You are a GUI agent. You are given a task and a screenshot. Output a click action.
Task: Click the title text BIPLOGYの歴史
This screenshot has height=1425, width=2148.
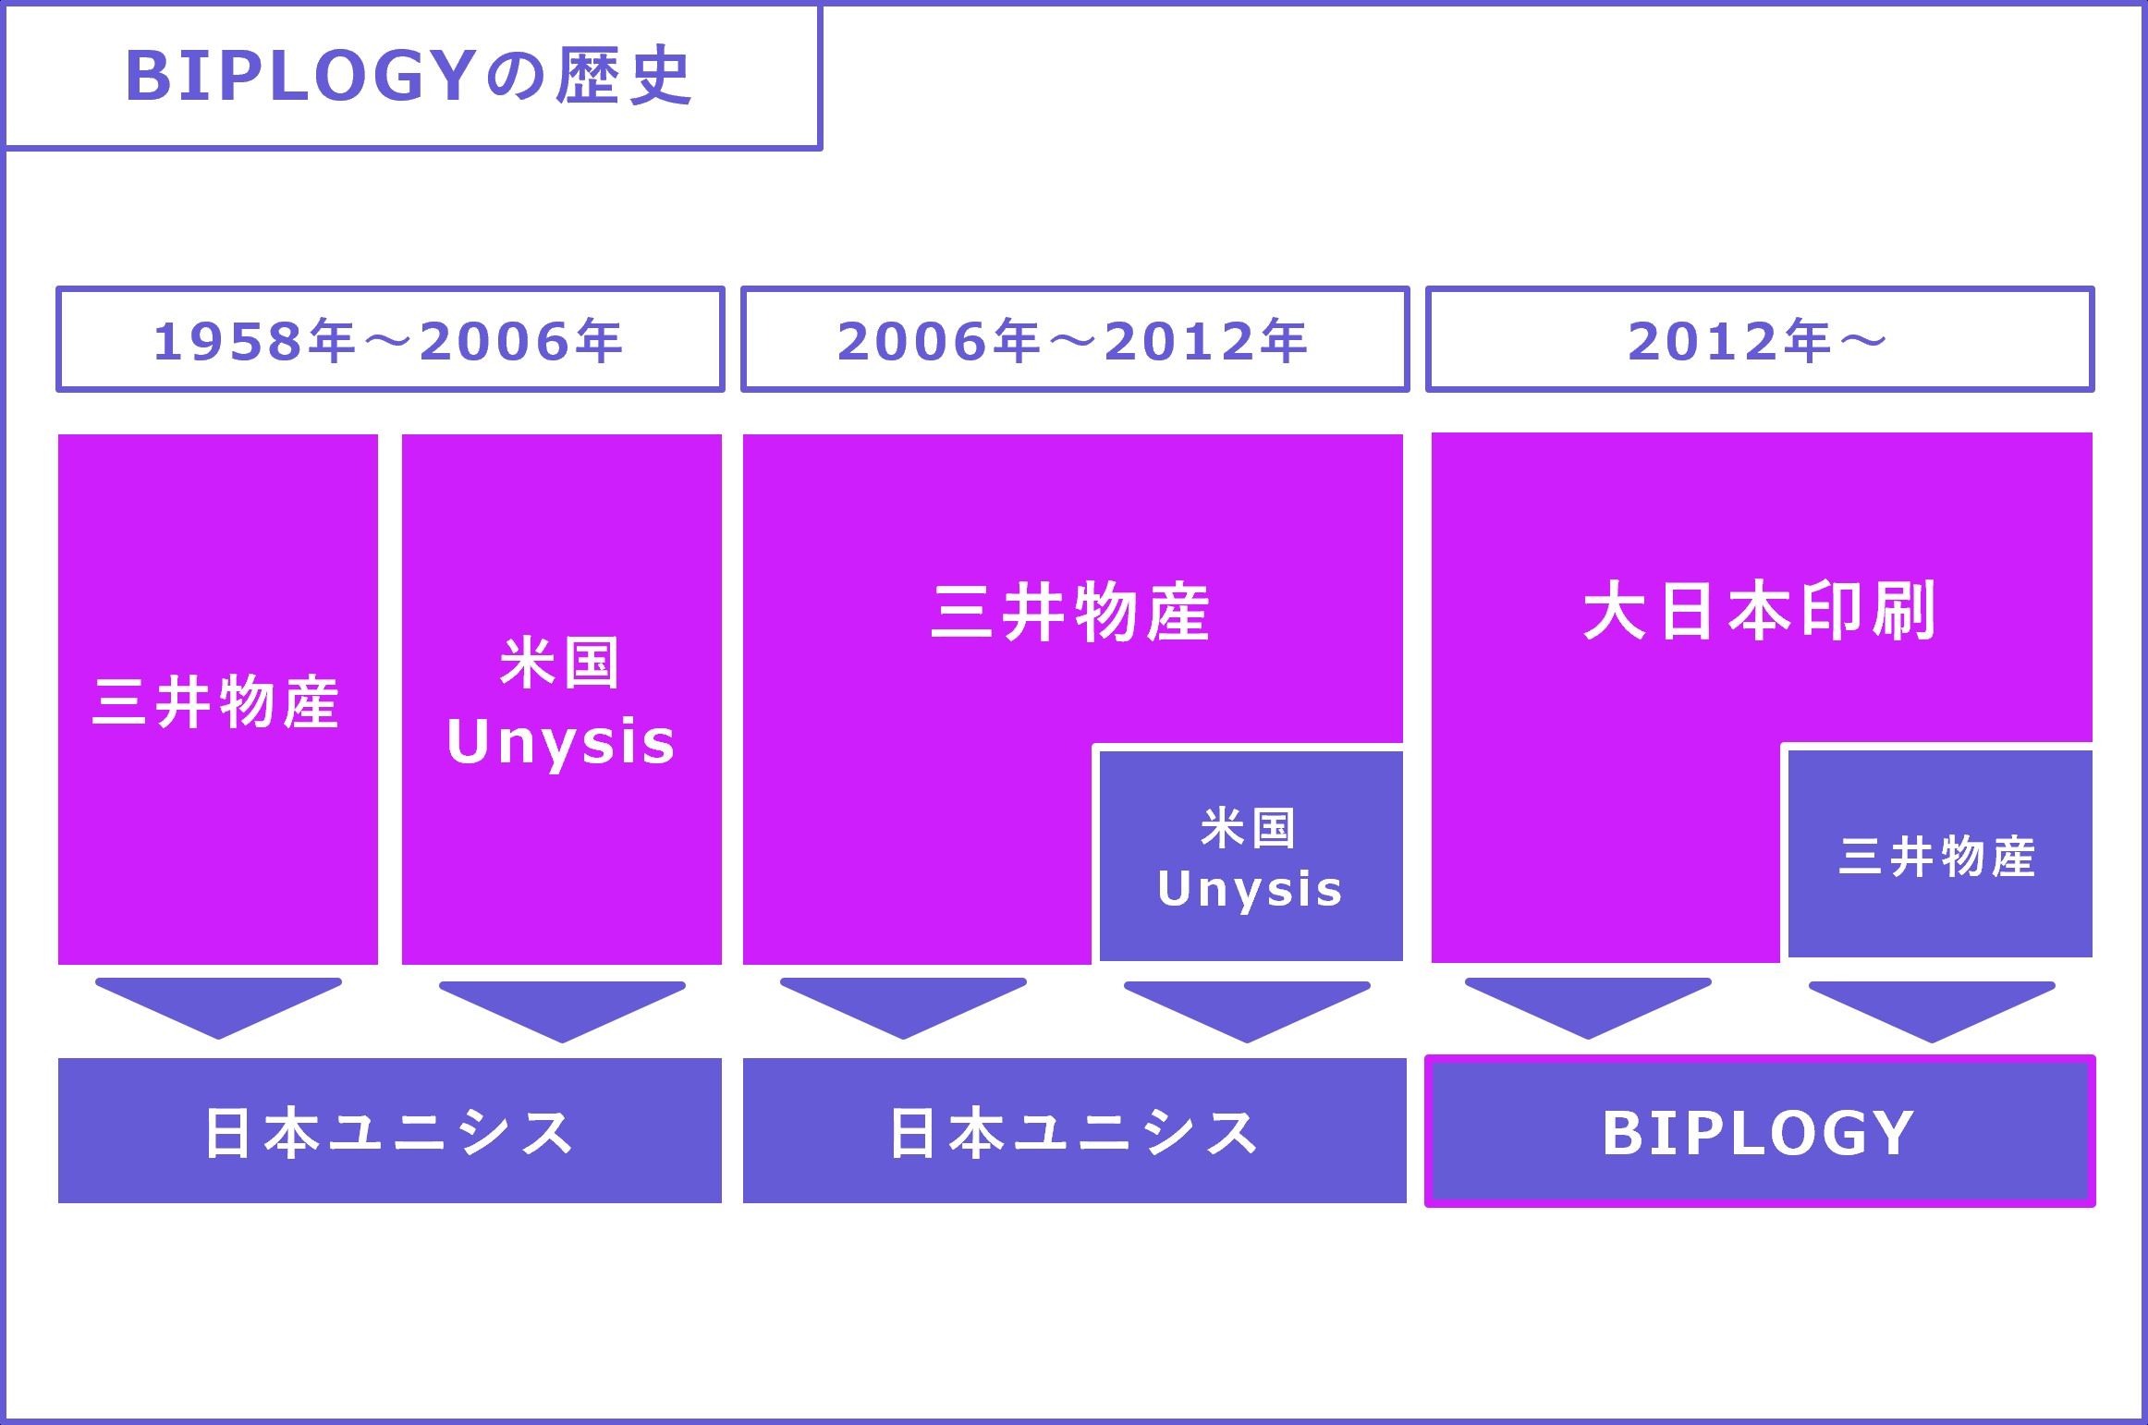pos(409,76)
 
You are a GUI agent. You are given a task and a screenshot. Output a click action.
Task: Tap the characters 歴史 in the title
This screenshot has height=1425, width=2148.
pos(624,76)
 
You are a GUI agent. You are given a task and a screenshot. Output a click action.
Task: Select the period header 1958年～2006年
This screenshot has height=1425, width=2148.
pos(389,340)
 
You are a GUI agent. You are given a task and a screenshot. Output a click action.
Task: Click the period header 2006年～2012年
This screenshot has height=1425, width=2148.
pos(1074,340)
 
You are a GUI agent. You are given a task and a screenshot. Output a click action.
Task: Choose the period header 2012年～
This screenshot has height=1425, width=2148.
pos(1759,340)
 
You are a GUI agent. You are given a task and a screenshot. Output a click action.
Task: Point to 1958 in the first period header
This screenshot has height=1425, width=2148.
pos(228,341)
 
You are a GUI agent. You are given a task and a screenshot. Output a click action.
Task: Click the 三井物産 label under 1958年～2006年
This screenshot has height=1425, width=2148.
pos(217,702)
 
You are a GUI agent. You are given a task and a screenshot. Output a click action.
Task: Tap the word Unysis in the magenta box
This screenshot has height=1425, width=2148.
pos(561,741)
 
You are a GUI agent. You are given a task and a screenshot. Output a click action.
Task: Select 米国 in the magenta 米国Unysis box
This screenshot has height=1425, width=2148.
pos(560,663)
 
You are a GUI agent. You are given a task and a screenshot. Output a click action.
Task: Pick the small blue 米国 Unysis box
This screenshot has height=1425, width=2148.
pos(1251,856)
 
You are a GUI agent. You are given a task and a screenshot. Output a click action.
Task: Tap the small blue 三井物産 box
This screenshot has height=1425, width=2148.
pos(1939,855)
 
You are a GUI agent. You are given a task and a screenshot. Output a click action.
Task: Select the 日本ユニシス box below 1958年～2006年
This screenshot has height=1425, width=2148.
pos(389,1131)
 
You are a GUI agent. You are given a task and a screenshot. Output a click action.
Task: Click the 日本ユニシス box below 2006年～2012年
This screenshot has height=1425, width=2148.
pos(1074,1131)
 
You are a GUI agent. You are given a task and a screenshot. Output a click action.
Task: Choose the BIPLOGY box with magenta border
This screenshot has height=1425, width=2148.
pos(1760,1131)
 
